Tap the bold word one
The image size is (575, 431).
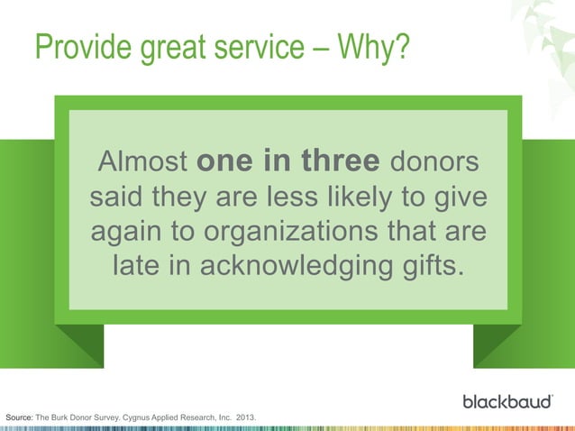pos(225,162)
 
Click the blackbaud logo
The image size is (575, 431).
pos(507,400)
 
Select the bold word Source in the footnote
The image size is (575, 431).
pos(19,418)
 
